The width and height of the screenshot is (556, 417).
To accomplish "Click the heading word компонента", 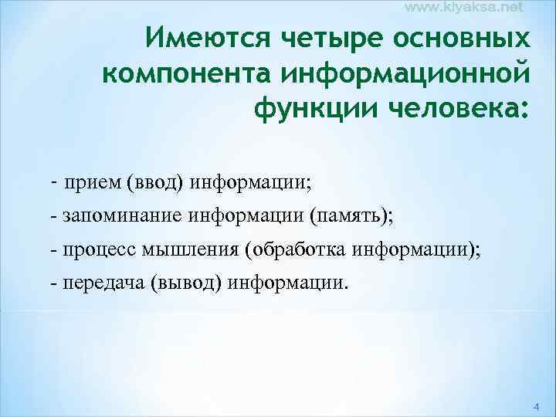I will click(184, 73).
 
